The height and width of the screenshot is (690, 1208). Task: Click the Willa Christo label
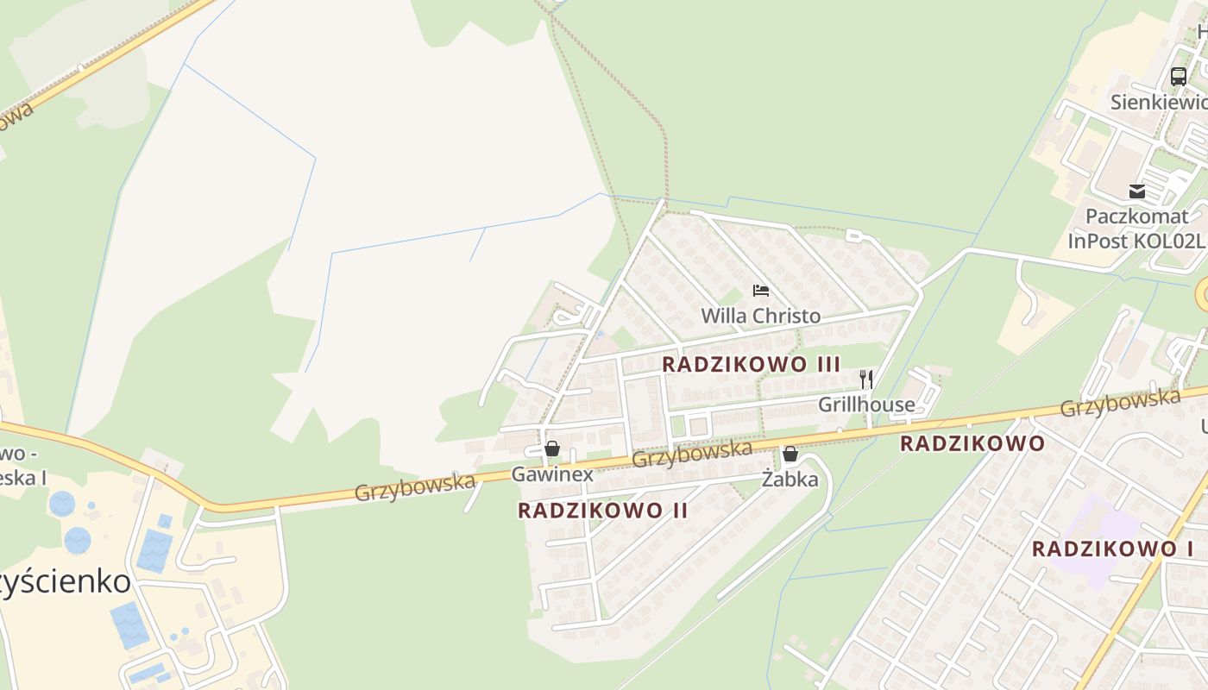(x=760, y=316)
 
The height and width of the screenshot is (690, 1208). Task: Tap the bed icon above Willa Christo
(x=760, y=291)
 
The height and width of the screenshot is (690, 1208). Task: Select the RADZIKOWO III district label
(x=751, y=364)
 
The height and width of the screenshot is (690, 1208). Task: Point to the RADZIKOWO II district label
(x=602, y=511)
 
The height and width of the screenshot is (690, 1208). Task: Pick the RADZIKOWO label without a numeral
(x=972, y=444)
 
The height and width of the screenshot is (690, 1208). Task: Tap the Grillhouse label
(x=866, y=405)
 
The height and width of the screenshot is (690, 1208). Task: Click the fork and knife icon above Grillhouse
(x=866, y=379)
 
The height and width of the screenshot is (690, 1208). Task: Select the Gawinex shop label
(x=552, y=474)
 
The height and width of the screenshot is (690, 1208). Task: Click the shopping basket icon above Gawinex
(x=552, y=448)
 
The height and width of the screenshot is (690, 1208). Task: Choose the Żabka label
(x=790, y=480)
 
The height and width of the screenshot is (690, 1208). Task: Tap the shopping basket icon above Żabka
(x=790, y=454)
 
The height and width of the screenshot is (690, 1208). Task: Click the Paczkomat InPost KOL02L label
(x=1136, y=229)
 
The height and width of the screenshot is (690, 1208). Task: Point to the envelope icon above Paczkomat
(x=1136, y=191)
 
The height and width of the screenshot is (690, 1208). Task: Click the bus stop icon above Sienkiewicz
(x=1178, y=76)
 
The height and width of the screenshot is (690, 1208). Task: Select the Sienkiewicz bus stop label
(x=1159, y=102)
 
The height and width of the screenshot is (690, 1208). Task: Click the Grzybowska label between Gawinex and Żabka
(x=692, y=454)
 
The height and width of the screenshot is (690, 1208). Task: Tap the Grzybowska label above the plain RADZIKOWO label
(x=1119, y=403)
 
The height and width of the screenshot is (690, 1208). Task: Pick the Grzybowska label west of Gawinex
(x=414, y=487)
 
